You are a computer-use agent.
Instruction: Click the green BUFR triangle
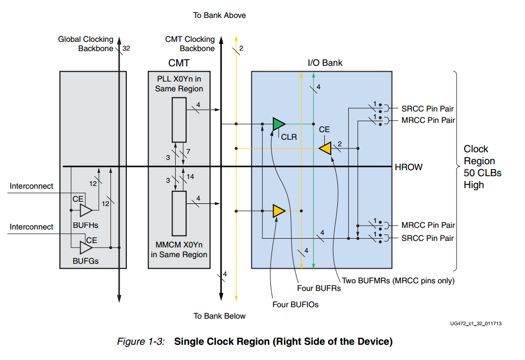(x=278, y=124)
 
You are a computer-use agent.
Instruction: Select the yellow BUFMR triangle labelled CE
(x=326, y=148)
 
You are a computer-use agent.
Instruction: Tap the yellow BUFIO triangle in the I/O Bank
(x=279, y=210)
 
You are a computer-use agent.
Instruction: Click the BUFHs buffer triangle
(x=85, y=210)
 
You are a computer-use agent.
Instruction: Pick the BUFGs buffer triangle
(x=85, y=247)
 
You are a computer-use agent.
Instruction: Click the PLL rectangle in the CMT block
(x=178, y=120)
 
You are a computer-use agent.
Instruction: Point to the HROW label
(x=408, y=167)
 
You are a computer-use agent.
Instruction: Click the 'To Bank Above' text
(x=219, y=15)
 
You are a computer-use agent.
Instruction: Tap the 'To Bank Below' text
(x=219, y=316)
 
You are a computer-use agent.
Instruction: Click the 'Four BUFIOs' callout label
(x=295, y=305)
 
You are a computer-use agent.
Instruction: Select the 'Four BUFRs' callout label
(x=319, y=288)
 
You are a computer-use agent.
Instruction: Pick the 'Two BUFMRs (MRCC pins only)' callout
(x=398, y=281)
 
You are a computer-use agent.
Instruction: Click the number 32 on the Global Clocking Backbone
(x=126, y=48)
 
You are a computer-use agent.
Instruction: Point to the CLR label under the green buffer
(x=289, y=137)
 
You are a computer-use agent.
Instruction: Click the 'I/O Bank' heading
(x=325, y=63)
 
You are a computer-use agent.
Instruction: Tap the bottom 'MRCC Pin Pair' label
(x=428, y=225)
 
